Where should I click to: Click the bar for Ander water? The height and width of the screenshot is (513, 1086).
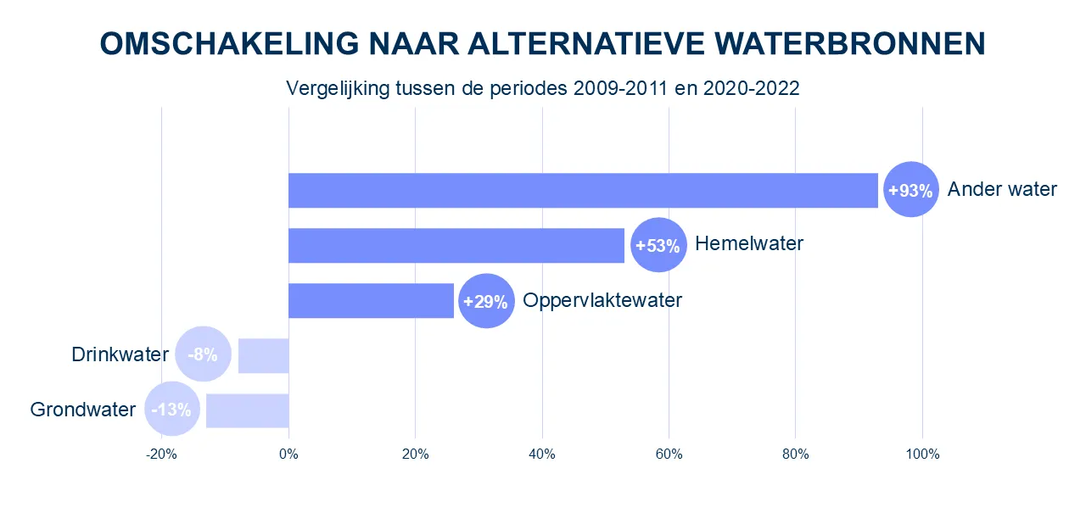(x=583, y=190)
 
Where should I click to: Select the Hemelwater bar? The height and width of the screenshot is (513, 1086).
(x=456, y=245)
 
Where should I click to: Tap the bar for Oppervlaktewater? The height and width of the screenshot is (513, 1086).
(x=371, y=300)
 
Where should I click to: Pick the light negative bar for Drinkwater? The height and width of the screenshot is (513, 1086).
(x=263, y=355)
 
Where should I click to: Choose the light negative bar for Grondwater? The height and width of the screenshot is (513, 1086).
(x=247, y=410)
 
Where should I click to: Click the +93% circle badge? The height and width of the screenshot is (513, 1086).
(x=910, y=190)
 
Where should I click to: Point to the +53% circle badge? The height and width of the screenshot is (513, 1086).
(x=658, y=245)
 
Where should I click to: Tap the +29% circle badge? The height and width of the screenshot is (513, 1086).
(x=486, y=301)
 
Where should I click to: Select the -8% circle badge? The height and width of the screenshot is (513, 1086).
(x=203, y=354)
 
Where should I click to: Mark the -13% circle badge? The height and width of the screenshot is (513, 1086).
(x=172, y=410)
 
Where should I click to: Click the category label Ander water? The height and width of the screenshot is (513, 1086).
(x=1002, y=189)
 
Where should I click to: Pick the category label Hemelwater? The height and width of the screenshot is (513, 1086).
(x=748, y=244)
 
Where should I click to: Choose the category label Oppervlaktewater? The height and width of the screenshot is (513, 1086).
(x=602, y=300)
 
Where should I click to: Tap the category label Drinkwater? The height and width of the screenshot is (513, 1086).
(x=120, y=354)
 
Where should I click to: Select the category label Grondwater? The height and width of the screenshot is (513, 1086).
(x=83, y=410)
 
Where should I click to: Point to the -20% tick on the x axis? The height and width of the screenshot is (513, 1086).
(x=161, y=454)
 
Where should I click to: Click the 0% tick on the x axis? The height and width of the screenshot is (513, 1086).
(x=288, y=454)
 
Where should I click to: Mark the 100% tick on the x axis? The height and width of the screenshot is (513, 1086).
(x=922, y=454)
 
